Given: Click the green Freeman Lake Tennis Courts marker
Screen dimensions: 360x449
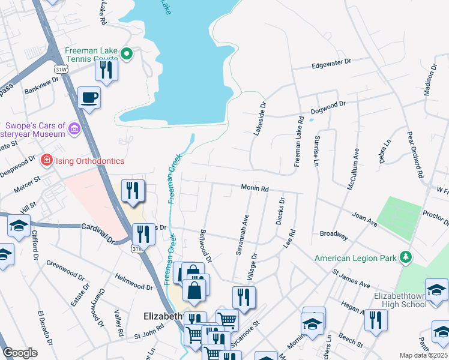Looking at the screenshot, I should [127, 54].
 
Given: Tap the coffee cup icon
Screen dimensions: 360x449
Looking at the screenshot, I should [89, 97].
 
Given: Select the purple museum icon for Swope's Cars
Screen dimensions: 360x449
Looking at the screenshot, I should [74, 128].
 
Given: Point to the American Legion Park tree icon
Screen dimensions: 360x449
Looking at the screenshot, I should [406, 257].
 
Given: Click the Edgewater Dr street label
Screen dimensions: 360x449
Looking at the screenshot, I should [331, 62].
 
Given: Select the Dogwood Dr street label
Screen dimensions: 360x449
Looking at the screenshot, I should [328, 107].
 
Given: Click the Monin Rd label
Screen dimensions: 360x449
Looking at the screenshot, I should [255, 188].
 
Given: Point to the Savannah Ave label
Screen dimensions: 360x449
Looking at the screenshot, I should [241, 235].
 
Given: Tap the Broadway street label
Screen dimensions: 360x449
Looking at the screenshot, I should [333, 233].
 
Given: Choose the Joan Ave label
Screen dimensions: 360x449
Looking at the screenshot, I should [364, 220].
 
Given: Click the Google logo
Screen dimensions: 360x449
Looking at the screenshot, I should [20, 353].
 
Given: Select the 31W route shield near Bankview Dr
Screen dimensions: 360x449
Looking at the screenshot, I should [61, 70].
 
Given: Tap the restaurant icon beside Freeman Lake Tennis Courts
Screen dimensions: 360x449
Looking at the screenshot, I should [106, 70].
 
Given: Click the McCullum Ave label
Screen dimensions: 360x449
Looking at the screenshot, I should [354, 170].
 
